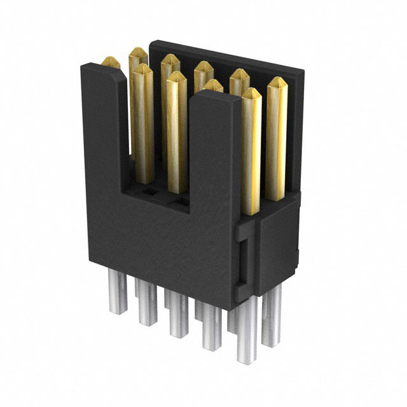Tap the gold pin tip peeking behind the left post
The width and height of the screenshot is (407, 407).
111,62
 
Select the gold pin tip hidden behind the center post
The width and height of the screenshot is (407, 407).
214,85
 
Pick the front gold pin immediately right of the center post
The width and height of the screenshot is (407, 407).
251,146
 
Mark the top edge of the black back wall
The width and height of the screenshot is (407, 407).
216,54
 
